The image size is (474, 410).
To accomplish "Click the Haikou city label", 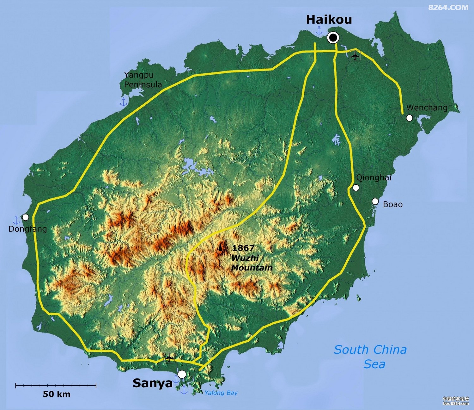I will coord(329,20).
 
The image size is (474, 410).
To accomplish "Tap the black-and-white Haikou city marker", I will coord(333,38).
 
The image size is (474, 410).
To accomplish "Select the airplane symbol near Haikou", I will coord(355,56).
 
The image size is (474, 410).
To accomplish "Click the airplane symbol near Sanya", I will coord(169,358).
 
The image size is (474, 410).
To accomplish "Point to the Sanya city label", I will coord(152,383).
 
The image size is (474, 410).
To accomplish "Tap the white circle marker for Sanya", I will coord(182,374).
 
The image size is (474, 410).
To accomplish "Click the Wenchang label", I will coord(427,108).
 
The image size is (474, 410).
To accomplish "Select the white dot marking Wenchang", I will coord(409,118).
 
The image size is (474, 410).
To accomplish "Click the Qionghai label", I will coord(374,178).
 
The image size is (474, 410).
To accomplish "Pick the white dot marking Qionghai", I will coord(356,188).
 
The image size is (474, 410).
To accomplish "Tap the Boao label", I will coord(392,204).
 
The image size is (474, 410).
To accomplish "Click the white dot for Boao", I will coord(375,202).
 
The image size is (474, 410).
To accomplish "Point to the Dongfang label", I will coord(27,229).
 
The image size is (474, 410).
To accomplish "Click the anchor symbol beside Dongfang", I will coord(16,220).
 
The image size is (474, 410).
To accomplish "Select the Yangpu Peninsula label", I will coord(143,80).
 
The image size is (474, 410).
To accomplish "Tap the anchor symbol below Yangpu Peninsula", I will coord(124,102).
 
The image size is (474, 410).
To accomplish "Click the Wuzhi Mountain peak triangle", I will coord(220,248).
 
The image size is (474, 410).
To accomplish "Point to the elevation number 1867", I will coord(243,248).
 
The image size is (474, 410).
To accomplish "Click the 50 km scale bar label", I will coord(57,394).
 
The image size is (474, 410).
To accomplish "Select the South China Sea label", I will coord(370,357).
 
